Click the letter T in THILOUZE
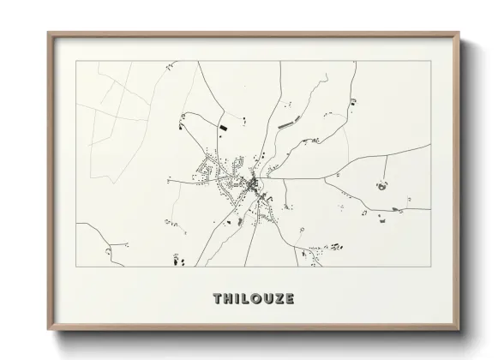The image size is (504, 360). coord(217,299)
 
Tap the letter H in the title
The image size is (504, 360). coord(228,299)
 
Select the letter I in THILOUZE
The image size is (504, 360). coord(237,299)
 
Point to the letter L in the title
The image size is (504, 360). coord(246,299)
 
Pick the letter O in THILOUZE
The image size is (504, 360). coord(257,299)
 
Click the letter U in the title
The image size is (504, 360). coord(269,299)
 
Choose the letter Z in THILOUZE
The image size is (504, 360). coord(280,299)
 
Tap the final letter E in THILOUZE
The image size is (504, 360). coord(291,299)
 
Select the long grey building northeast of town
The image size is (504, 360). coord(285,125)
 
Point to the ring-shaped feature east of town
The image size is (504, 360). coord(380,183)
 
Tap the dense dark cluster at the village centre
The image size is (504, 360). coord(252,183)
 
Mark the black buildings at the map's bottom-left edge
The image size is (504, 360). coord(177,259)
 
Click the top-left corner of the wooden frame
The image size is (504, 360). coord(49,33)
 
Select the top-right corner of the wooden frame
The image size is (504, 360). coord(459,33)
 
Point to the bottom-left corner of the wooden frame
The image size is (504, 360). coord(49,331)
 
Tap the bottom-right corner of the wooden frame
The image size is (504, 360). coord(459,331)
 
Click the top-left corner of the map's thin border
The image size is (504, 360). coord(76,61)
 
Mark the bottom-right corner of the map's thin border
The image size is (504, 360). coord(431,267)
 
